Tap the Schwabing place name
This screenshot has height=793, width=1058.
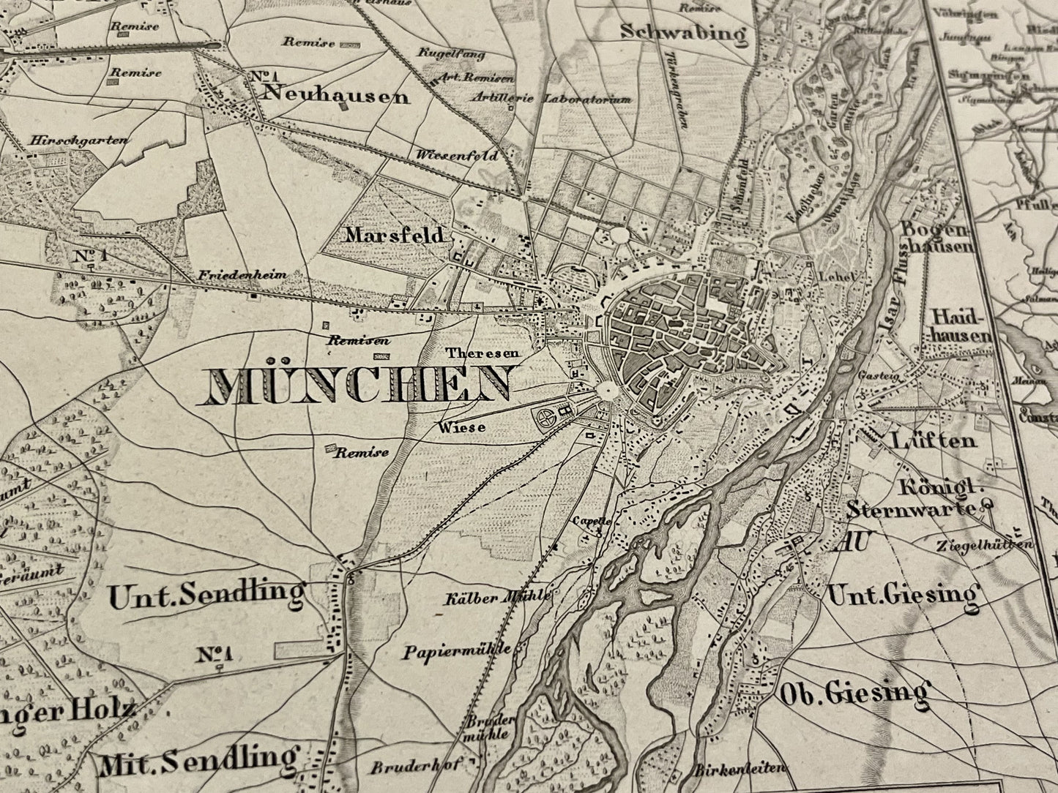point(682,33)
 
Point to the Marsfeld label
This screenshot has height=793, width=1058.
point(395,236)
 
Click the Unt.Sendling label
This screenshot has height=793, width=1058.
point(206,596)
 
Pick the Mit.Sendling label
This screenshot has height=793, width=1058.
point(200,760)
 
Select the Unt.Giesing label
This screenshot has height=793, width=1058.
point(902,595)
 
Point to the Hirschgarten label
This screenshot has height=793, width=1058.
point(80,140)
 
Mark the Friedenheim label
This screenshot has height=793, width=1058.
point(241,276)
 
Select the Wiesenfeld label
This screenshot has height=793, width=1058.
point(456,156)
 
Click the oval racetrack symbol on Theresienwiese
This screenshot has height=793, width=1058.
point(545,419)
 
